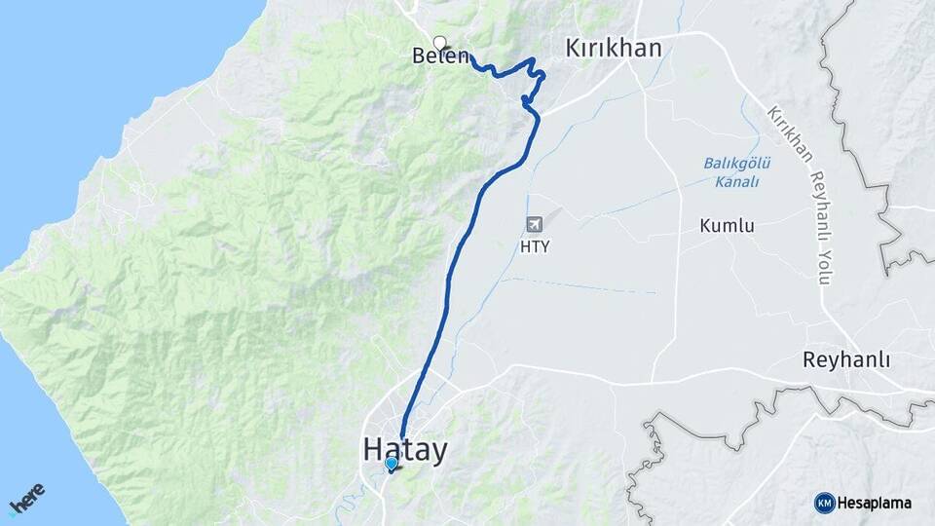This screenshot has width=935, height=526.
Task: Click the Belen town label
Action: (441, 57)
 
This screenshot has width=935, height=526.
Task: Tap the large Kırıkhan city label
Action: (614, 48)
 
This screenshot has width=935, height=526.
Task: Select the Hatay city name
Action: (405, 450)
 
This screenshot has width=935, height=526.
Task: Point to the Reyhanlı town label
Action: (846, 359)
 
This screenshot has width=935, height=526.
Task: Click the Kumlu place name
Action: (727, 226)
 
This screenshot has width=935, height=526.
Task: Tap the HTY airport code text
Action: (535, 246)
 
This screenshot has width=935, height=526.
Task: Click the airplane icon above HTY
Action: (535, 225)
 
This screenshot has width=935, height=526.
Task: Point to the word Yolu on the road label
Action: (824, 268)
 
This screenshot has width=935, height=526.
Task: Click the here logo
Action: (26, 498)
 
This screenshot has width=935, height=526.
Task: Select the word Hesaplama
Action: (874, 503)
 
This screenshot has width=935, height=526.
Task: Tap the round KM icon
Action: (824, 503)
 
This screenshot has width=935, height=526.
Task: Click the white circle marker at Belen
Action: (440, 42)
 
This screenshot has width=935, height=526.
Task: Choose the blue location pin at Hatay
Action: (391, 465)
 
